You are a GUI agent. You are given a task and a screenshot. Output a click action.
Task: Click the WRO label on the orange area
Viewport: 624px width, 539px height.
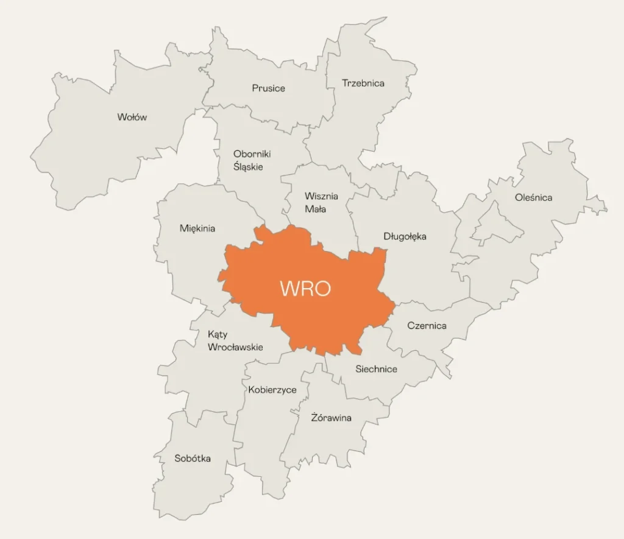pos(305,288)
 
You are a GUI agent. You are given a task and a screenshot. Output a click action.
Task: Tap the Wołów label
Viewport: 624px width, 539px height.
pos(132,117)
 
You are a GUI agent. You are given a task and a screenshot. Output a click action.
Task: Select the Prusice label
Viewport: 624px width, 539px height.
pos(268,88)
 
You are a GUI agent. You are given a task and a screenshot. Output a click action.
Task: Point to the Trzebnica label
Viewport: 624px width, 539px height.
pos(363,83)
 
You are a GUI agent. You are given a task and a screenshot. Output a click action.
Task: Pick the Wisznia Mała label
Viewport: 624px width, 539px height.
pos(321,202)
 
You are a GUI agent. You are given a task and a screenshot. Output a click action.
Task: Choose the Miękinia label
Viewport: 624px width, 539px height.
pos(197,228)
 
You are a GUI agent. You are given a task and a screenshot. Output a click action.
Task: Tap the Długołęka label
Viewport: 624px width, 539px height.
pos(405,236)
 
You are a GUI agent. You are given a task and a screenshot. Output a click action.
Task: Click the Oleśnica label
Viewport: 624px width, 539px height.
pos(533,197)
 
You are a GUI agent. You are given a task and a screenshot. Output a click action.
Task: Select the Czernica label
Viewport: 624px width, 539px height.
pos(427,325)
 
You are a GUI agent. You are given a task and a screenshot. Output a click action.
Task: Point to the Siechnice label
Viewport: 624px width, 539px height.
pos(376,368)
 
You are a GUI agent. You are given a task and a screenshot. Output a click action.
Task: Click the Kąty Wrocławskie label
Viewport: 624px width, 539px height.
pos(235,340)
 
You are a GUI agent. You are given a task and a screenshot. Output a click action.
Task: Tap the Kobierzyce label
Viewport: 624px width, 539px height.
pos(272,389)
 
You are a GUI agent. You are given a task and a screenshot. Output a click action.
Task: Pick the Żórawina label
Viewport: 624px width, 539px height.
pos(331,418)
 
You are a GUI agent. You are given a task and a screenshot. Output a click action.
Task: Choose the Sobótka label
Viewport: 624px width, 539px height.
pos(193,458)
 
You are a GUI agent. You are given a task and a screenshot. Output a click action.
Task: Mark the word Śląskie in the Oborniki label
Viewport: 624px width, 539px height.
pos(248,166)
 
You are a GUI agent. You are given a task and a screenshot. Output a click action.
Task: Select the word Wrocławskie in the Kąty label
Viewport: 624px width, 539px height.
pos(235,347)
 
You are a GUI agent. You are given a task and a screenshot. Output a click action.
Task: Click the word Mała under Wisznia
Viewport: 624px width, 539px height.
pos(315,209)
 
